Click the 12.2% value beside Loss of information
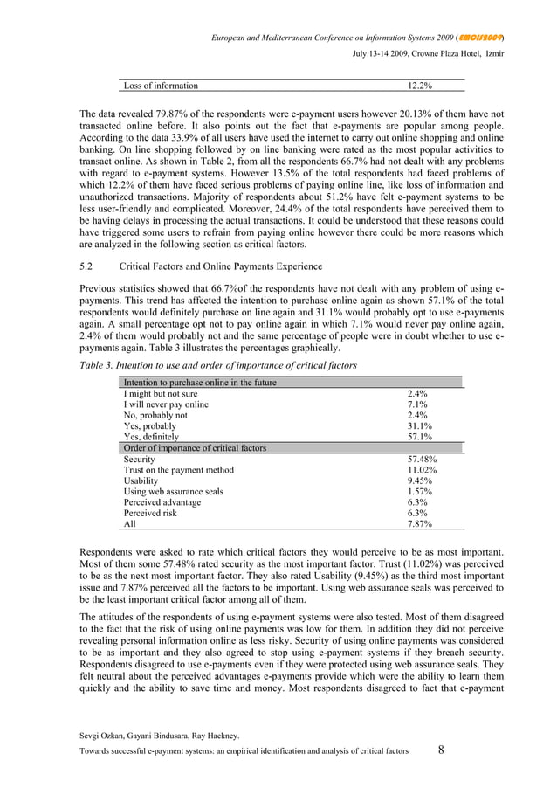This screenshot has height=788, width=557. click(422, 86)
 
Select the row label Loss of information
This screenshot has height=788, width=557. click(161, 86)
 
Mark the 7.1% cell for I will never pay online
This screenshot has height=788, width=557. click(418, 404)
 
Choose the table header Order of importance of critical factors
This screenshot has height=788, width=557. click(195, 447)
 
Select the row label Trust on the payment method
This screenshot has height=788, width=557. click(178, 470)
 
